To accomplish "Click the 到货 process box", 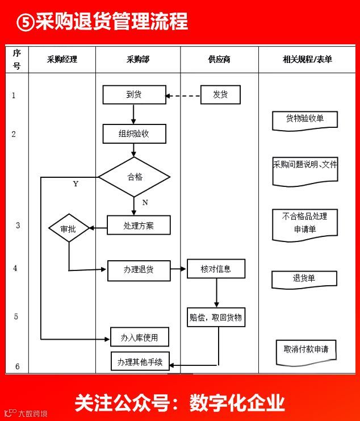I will pyautogui.click(x=134, y=95).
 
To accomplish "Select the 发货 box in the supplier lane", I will pyautogui.click(x=220, y=95).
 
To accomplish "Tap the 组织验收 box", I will pyautogui.click(x=134, y=134).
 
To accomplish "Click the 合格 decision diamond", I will pyautogui.click(x=134, y=177).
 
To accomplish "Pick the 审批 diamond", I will pyautogui.click(x=69, y=229).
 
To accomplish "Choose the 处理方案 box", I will pyautogui.click(x=139, y=225).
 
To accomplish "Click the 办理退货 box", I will pyautogui.click(x=139, y=270).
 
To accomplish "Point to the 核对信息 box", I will pyautogui.click(x=216, y=269).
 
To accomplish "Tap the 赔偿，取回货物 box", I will pyautogui.click(x=216, y=318).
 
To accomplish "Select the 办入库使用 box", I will pyautogui.click(x=140, y=337).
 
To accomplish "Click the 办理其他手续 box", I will pyautogui.click(x=140, y=361).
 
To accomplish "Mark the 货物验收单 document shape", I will pyautogui.click(x=305, y=119).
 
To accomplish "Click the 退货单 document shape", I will pyautogui.click(x=304, y=279).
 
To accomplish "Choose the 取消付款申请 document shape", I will pyautogui.click(x=306, y=350).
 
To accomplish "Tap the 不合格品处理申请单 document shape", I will pyautogui.click(x=305, y=223).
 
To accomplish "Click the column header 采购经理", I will pyautogui.click(x=62, y=59).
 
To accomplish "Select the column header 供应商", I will pyautogui.click(x=219, y=59).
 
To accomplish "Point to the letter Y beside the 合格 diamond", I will pyautogui.click(x=76, y=184).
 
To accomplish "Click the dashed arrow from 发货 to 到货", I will pyautogui.click(x=183, y=95).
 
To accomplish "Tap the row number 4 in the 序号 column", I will pyautogui.click(x=15, y=268).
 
